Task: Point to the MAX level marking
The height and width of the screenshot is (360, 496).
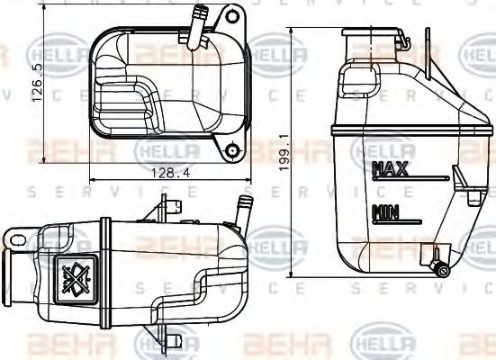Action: point(389,168)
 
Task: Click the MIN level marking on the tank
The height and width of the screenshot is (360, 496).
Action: point(385,212)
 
